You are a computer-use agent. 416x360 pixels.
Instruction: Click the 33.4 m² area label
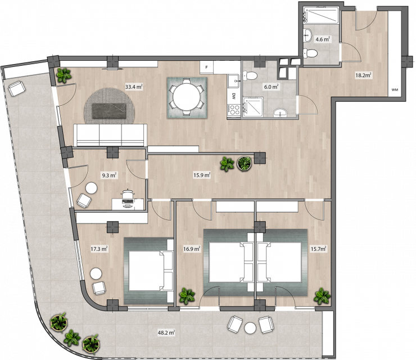click(134, 87)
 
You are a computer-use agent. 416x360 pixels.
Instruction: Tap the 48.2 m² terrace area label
click(166, 332)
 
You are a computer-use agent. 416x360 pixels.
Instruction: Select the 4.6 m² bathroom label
click(323, 39)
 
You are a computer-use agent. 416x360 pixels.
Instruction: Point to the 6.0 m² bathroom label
click(271, 87)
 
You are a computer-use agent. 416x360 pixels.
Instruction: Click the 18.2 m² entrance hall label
click(363, 75)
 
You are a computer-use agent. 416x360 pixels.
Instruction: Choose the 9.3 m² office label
click(109, 175)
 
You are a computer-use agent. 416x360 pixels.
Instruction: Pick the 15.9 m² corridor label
click(202, 175)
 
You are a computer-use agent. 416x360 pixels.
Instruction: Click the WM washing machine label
click(395, 90)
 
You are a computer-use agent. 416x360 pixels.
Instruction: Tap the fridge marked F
click(207, 67)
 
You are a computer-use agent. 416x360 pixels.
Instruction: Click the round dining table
click(187, 97)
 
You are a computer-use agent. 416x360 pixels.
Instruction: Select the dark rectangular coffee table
click(108, 111)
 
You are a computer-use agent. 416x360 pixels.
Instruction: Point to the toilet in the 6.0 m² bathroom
click(250, 76)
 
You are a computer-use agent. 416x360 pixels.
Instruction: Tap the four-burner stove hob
click(234, 110)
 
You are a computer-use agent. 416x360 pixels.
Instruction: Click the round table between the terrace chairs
click(250, 328)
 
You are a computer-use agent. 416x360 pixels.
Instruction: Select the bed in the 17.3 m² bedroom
click(149, 271)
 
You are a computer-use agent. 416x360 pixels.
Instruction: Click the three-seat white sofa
click(110, 135)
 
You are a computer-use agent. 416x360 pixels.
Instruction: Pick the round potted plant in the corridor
click(244, 163)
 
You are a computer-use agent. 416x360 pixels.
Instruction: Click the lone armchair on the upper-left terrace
click(17, 88)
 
